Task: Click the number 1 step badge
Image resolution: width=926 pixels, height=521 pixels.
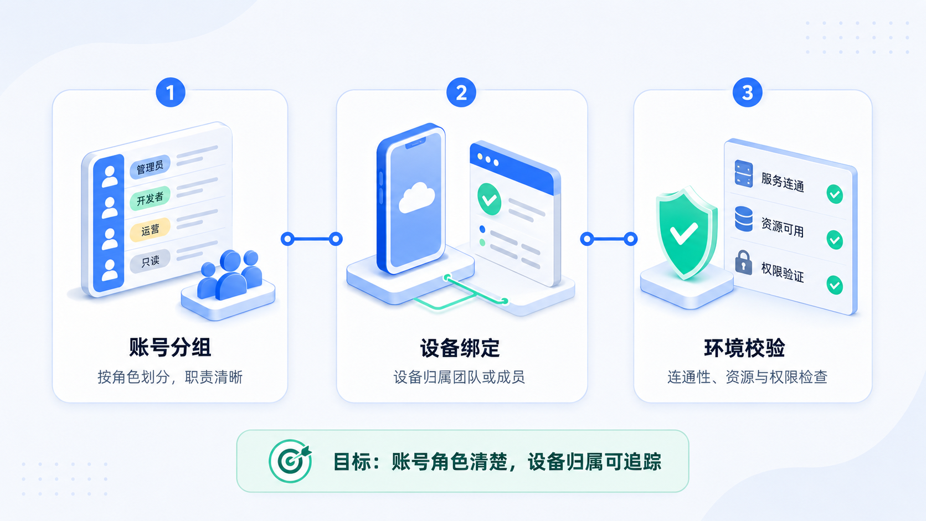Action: (x=171, y=92)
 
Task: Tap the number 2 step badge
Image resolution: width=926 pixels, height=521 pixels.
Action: (x=461, y=92)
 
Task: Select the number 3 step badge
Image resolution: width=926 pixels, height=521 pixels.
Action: (x=748, y=92)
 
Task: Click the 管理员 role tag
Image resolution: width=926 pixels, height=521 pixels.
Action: (x=150, y=167)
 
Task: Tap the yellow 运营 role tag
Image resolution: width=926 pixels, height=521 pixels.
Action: (x=150, y=229)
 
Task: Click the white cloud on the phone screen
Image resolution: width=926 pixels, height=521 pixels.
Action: (x=416, y=198)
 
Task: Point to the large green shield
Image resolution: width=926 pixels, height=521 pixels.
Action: (x=686, y=233)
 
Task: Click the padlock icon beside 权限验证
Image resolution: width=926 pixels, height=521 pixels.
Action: (x=744, y=262)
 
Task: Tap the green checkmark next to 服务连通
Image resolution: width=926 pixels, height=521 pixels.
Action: (x=835, y=194)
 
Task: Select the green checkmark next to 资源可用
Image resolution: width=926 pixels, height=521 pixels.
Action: (x=835, y=240)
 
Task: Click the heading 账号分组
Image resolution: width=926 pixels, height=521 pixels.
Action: (x=171, y=347)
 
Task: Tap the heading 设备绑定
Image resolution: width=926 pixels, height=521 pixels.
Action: (x=460, y=348)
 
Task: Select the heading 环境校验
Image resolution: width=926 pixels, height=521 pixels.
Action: (x=744, y=348)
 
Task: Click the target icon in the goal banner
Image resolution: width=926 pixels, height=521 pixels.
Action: (x=290, y=461)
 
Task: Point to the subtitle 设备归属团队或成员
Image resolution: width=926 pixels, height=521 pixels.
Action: (x=459, y=377)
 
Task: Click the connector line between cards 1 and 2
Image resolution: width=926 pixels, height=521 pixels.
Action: (x=312, y=239)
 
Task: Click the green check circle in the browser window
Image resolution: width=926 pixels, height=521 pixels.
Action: (x=490, y=199)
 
